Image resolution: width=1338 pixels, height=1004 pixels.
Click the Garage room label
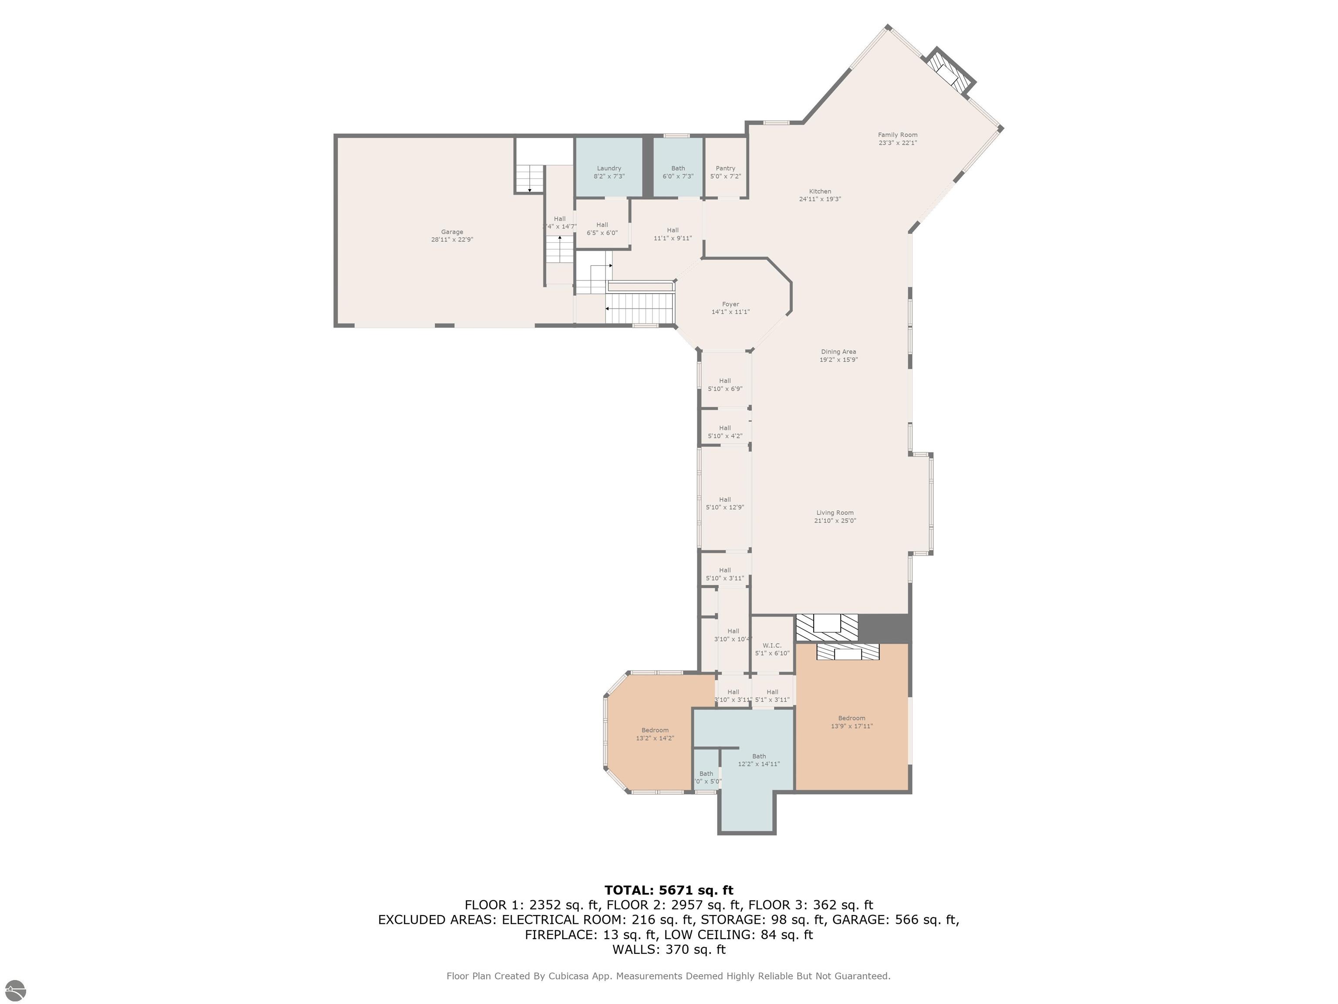click(x=452, y=232)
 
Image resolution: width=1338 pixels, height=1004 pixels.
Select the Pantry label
click(x=725, y=168)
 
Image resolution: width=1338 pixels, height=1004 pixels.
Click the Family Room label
click(x=898, y=135)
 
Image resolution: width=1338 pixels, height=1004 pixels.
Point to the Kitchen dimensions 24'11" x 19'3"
click(x=820, y=199)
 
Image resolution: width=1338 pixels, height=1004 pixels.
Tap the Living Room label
click(x=835, y=512)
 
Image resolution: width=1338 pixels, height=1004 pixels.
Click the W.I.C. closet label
click(x=772, y=646)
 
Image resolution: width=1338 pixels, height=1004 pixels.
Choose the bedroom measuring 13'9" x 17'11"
click(x=851, y=722)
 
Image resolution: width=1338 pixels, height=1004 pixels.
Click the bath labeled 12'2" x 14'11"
click(x=759, y=760)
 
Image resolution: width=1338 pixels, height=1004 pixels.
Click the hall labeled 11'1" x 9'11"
click(x=672, y=234)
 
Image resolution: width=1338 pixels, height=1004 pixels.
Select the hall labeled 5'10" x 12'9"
click(x=725, y=503)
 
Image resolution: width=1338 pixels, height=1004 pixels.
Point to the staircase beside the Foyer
click(x=640, y=308)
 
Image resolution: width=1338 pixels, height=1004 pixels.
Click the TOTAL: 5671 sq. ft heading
click(x=669, y=890)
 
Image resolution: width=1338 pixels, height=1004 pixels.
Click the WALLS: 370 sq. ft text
click(x=669, y=950)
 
